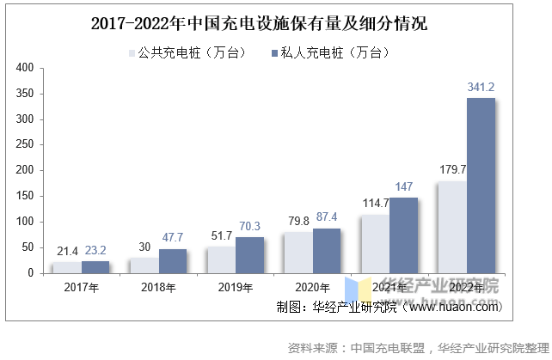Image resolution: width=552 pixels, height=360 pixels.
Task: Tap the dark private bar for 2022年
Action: click(x=481, y=186)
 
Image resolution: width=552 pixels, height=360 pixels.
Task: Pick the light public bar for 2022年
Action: click(x=451, y=227)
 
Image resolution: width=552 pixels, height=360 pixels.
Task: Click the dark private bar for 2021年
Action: click(x=404, y=235)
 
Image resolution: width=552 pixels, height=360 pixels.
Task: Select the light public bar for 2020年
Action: click(x=297, y=253)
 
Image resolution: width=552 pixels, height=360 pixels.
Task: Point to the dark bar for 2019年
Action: click(x=250, y=255)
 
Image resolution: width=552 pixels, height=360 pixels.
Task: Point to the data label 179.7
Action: click(x=452, y=169)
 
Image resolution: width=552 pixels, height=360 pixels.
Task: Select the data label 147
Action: click(x=404, y=186)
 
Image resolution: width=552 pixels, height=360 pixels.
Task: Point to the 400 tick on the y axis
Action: click(x=26, y=67)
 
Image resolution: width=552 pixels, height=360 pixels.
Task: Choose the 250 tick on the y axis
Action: click(x=26, y=144)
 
